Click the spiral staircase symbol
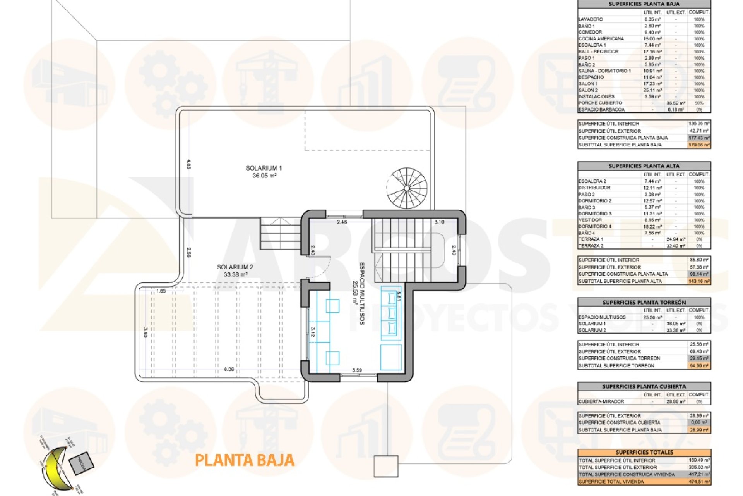(407, 188)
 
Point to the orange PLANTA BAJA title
(245, 460)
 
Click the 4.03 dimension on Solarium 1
(188, 164)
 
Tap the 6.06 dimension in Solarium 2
(229, 369)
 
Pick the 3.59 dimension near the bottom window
(357, 370)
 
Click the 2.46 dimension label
(342, 222)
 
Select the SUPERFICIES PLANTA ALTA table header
(644, 166)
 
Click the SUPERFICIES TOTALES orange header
(644, 452)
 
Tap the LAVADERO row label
(591, 19)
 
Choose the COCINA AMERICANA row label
(601, 39)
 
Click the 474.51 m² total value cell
(699, 482)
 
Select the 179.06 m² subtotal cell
(699, 145)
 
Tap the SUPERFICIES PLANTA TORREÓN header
(644, 302)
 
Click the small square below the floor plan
(386, 466)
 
